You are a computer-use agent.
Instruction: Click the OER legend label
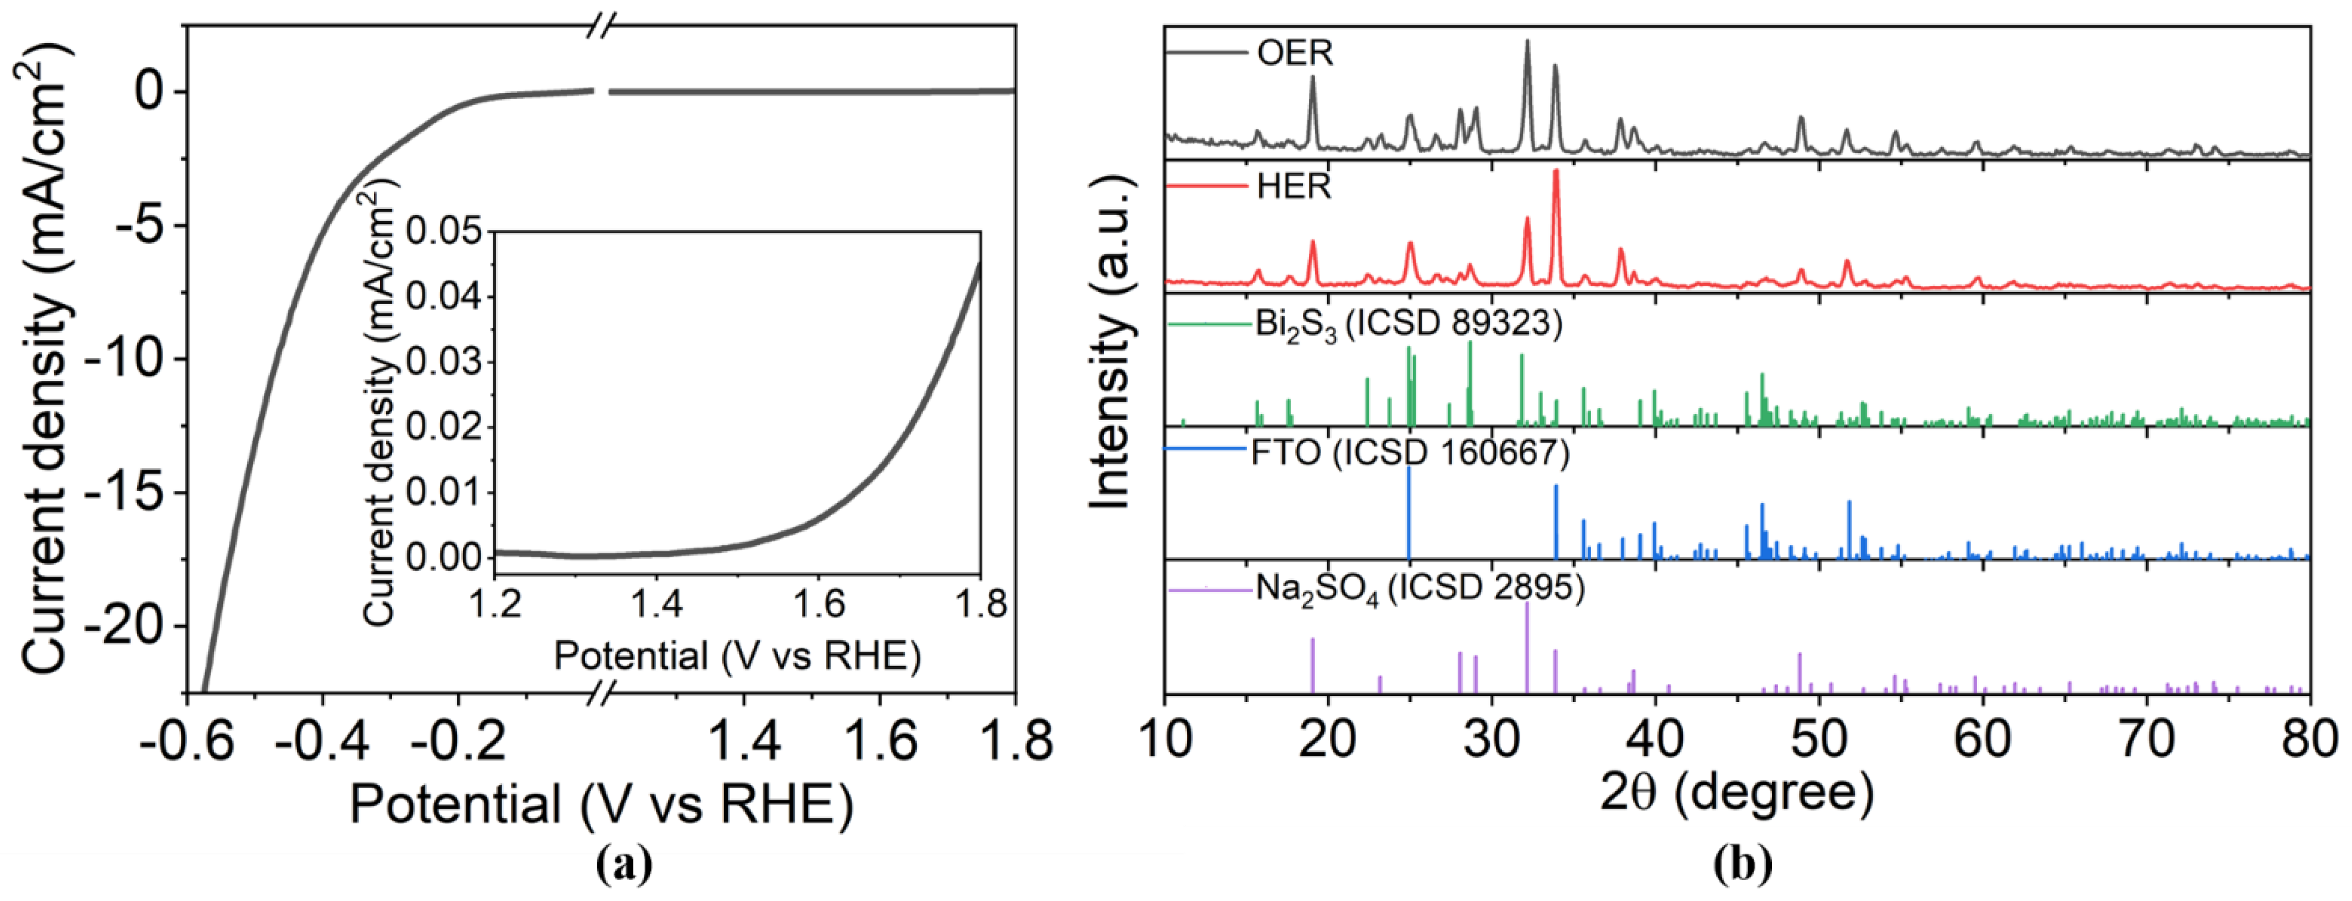point(1295,53)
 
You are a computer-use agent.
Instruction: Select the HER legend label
point(1294,186)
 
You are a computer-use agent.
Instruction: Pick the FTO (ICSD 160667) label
point(1410,453)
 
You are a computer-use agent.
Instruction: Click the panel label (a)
point(624,863)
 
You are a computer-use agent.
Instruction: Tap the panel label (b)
point(1742,863)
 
